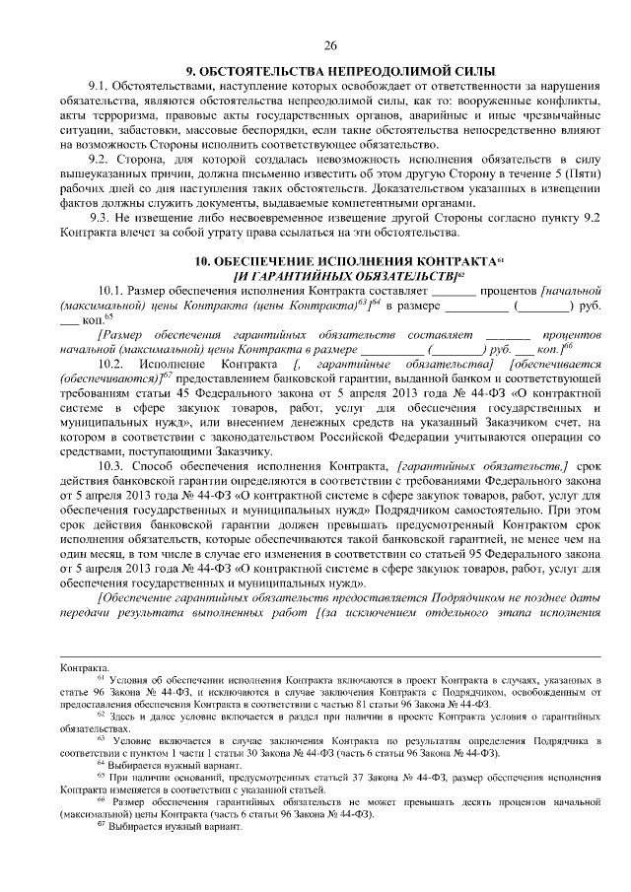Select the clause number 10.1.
click(x=113, y=293)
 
